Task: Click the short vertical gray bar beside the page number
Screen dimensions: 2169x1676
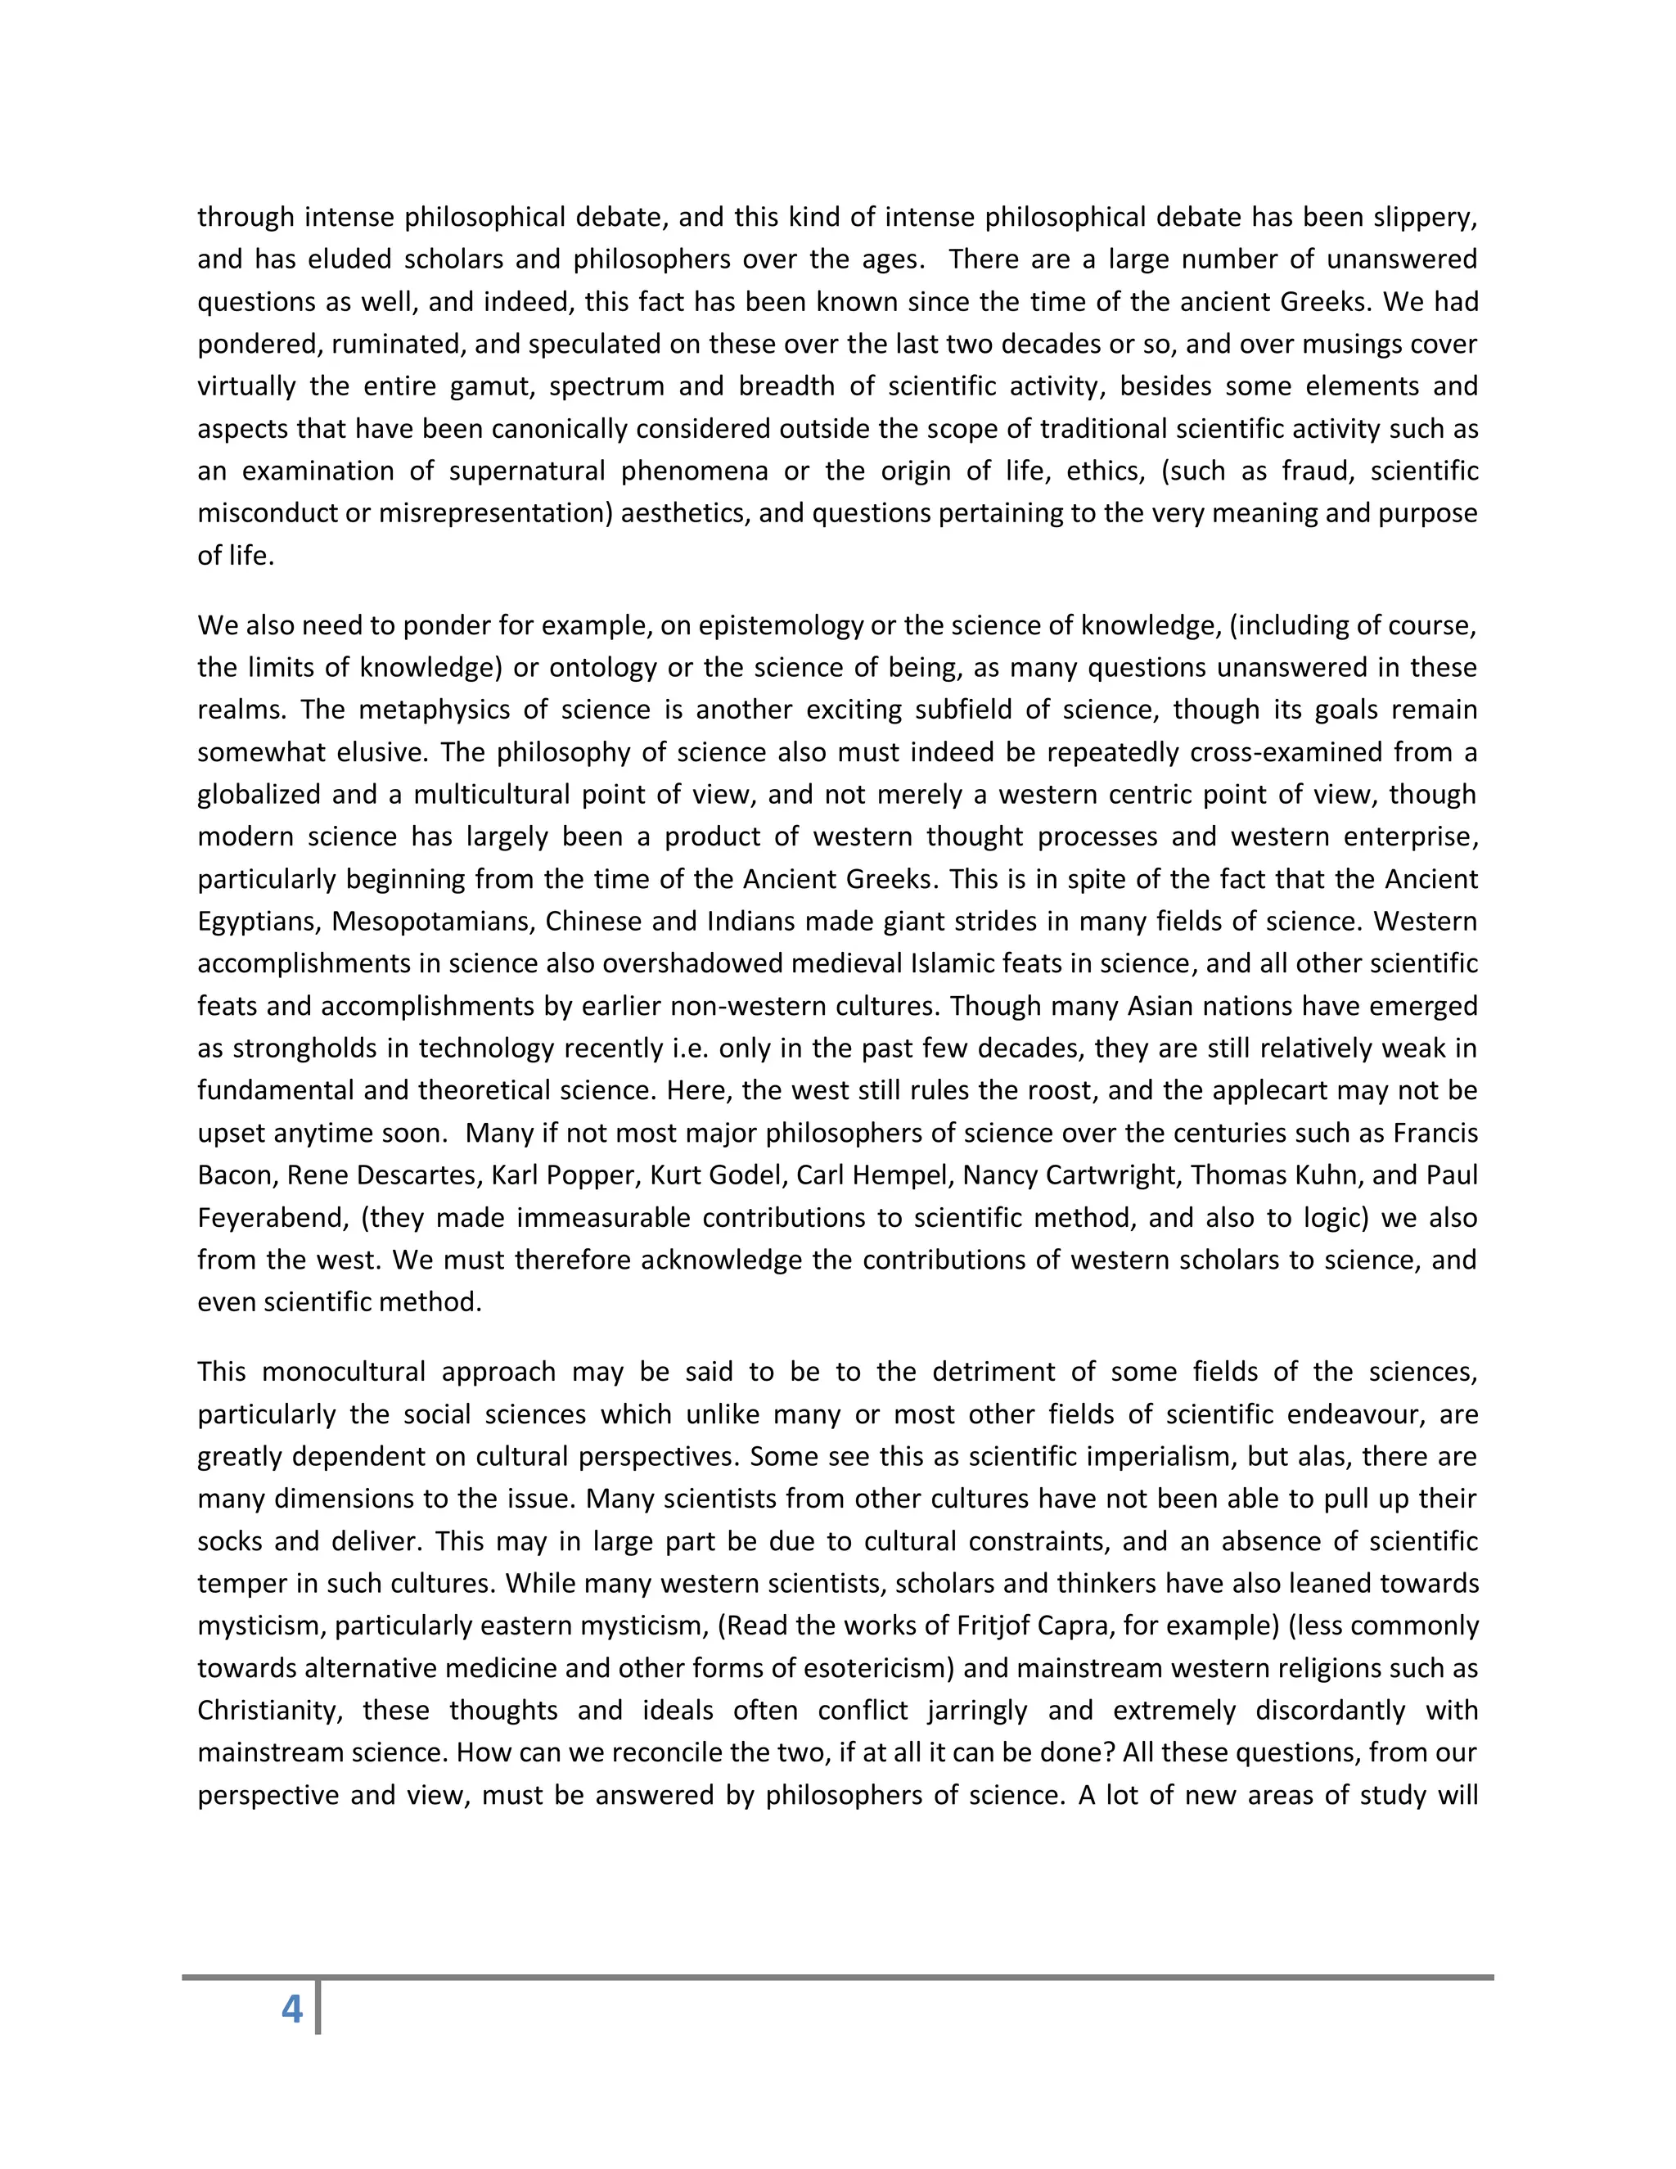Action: coord(318,2007)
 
